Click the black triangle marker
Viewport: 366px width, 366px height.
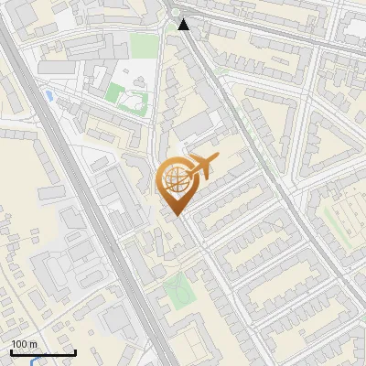185,24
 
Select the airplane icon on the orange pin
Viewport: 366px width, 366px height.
200,167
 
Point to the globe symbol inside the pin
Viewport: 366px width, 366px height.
173,180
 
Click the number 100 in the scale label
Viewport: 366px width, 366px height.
20,344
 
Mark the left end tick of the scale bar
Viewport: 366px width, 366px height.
11,351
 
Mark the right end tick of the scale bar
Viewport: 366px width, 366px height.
75,351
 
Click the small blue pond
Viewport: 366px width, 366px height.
48,94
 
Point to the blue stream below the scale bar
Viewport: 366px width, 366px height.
35,361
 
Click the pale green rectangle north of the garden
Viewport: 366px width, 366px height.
143,46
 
